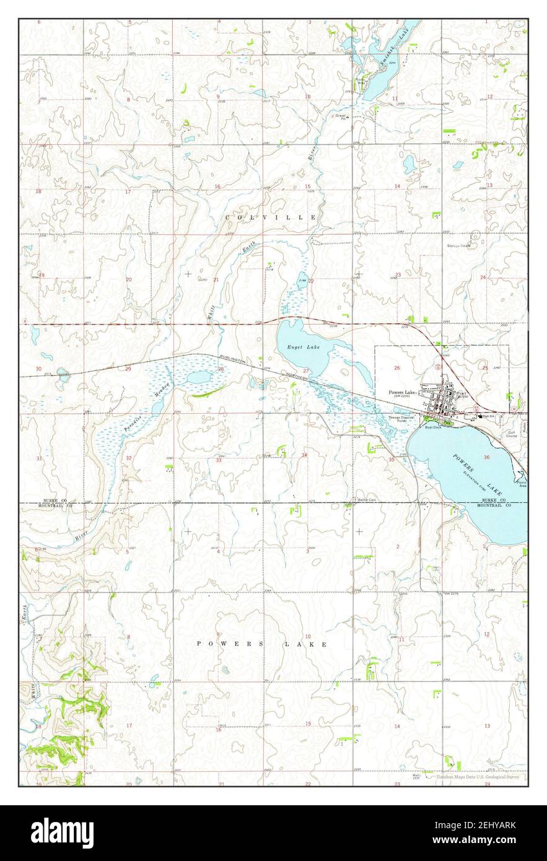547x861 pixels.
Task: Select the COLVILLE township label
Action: pos(271,217)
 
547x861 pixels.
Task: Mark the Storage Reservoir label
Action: pos(459,246)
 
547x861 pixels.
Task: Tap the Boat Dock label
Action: pos(432,427)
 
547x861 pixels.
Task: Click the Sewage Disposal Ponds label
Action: pos(401,419)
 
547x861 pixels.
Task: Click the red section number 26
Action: pos(396,368)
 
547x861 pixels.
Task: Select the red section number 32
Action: pos(128,458)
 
